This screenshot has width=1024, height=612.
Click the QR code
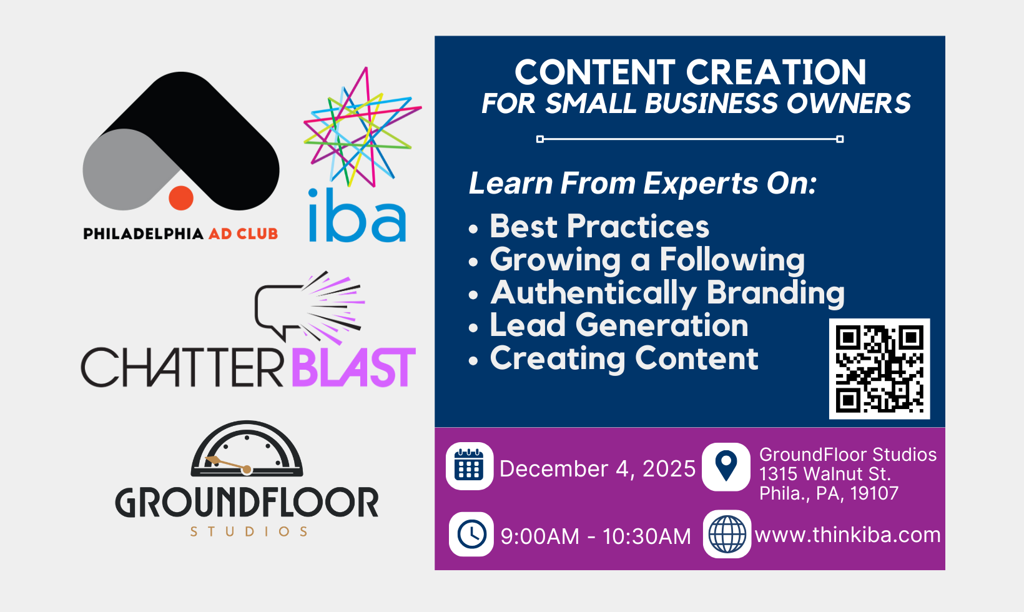pos(879,368)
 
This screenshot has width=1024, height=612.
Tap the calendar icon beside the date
pos(469,466)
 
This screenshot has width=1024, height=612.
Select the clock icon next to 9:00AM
pos(471,534)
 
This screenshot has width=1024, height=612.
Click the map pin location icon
pos(726,466)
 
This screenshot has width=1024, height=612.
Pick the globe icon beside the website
pos(727,534)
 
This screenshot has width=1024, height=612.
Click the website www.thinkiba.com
pos(847,535)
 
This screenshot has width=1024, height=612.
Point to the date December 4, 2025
pos(598,469)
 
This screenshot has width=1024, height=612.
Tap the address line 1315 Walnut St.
pos(825,474)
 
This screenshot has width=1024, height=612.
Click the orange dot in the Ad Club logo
pos(181,198)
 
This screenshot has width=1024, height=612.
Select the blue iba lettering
pos(357,215)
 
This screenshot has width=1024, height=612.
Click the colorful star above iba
pos(362,127)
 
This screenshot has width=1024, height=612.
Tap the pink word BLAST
pos(353,367)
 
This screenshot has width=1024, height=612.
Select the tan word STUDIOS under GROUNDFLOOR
pos(249,531)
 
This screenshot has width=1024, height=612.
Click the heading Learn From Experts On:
pos(642,184)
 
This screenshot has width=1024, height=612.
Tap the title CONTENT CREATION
pos(691,72)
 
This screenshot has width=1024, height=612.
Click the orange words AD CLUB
pos(244,234)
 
